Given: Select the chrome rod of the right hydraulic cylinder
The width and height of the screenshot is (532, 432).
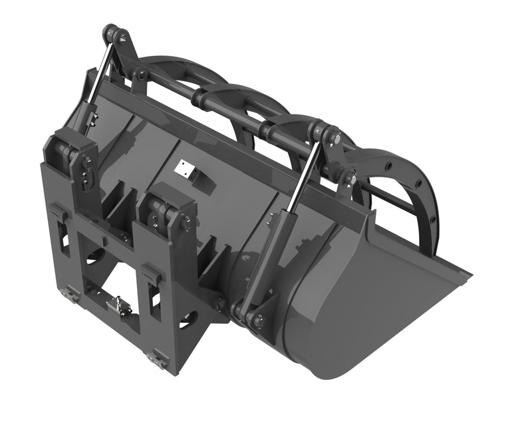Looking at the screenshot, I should pyautogui.click(x=307, y=174).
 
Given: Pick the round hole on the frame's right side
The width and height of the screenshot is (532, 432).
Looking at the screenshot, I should pyautogui.click(x=188, y=318).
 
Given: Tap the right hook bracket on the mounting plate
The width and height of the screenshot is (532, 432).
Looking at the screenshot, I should pyautogui.click(x=153, y=273).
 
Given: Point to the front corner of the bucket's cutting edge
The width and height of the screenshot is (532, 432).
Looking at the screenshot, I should pyautogui.click(x=469, y=273).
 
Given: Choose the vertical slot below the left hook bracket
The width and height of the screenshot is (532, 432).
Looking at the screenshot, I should pyautogui.click(x=61, y=236).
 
